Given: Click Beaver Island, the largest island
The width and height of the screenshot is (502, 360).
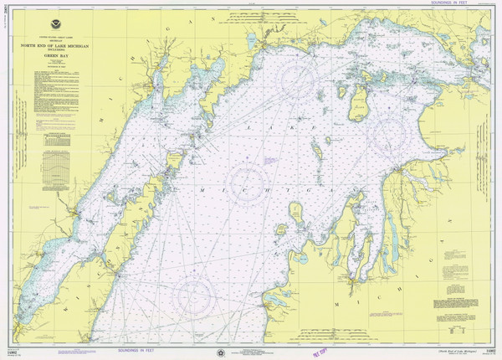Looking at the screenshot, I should (356, 100).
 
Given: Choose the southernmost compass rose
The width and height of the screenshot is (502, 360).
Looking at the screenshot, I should (195, 295).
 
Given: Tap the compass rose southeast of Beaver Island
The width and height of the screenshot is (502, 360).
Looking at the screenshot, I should (391, 134).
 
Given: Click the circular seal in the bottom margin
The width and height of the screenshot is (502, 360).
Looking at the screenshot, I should (219, 346).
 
